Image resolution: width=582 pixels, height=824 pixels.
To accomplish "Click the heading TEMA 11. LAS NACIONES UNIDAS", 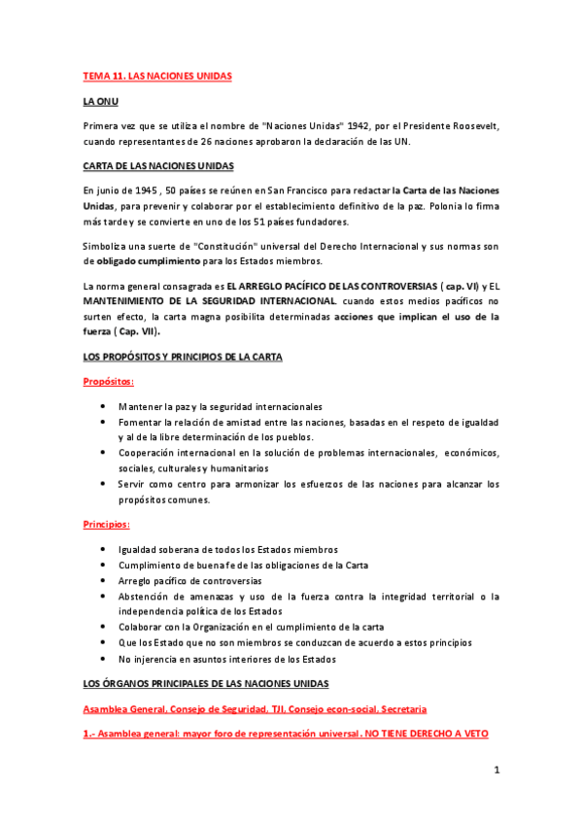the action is [157, 75].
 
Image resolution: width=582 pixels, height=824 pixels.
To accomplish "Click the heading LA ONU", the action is [102, 101].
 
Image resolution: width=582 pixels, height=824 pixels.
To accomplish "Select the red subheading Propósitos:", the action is [108, 382].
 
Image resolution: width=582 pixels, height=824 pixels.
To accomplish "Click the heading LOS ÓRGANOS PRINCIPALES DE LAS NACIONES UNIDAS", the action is [206, 684].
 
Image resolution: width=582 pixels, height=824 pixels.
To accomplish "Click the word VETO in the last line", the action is [472, 735].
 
